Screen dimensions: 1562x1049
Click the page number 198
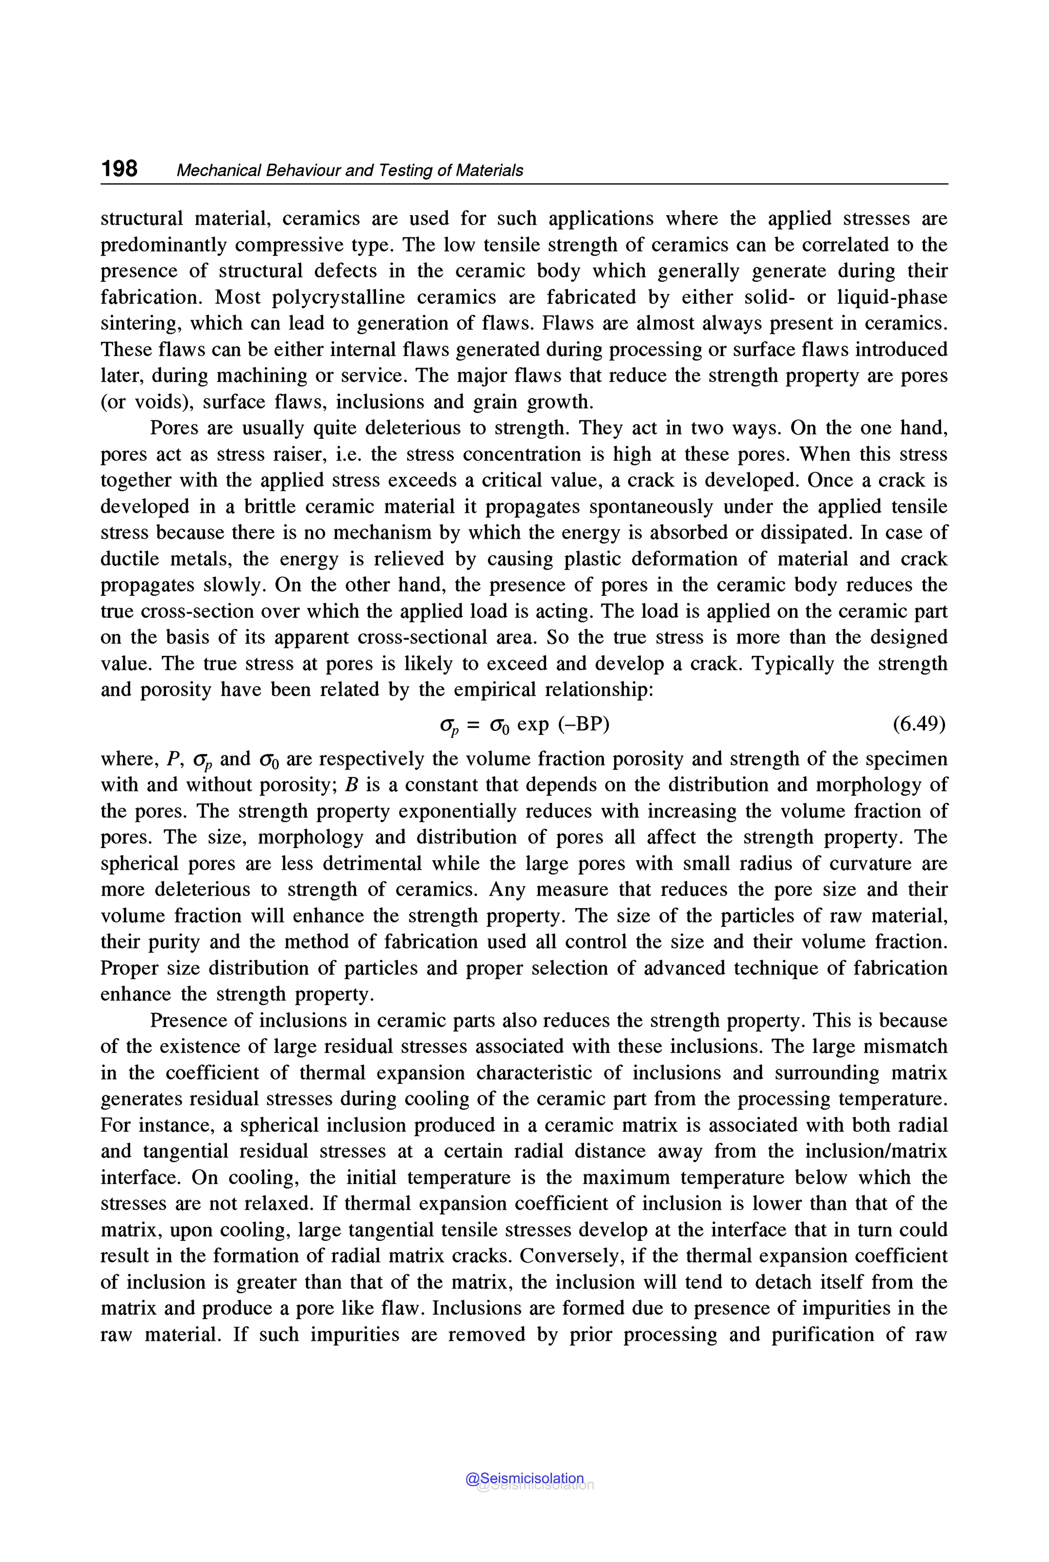[x=119, y=168]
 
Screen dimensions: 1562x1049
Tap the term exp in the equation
[x=533, y=724]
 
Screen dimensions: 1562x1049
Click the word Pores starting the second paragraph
[x=174, y=428]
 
